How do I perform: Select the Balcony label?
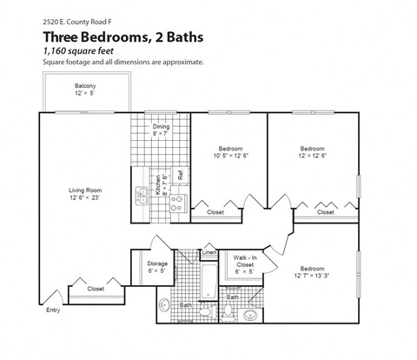pyautogui.click(x=85, y=85)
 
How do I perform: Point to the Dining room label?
pyautogui.click(x=162, y=127)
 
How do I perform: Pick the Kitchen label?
pyautogui.click(x=158, y=186)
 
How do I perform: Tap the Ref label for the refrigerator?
pyautogui.click(x=181, y=174)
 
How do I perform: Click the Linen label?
pyautogui.click(x=209, y=253)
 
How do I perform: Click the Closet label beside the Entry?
pyautogui.click(x=96, y=289)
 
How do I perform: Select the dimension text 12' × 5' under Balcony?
pyautogui.click(x=85, y=93)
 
